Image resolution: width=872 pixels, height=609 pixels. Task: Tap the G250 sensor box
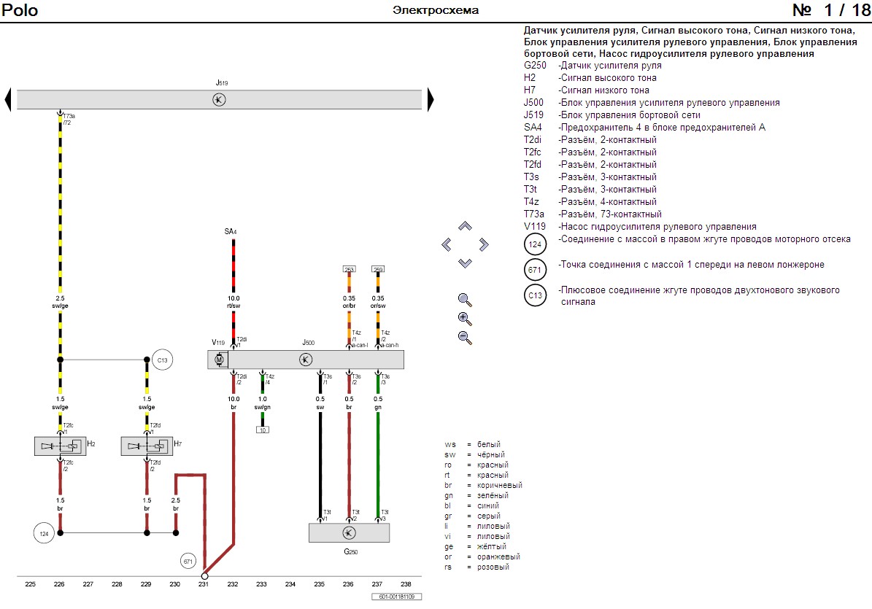pyautogui.click(x=349, y=532)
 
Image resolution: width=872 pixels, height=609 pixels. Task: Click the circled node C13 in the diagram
pyautogui.click(x=163, y=360)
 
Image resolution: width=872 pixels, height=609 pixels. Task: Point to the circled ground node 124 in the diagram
pyautogui.click(x=44, y=534)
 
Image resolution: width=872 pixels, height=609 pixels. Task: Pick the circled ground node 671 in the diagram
pyautogui.click(x=189, y=561)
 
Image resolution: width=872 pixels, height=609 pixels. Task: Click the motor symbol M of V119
pyautogui.click(x=218, y=360)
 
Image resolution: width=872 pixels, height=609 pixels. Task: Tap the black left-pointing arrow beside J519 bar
pyautogui.click(x=8, y=99)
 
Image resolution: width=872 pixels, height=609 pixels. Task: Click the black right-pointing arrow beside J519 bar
pyautogui.click(x=431, y=99)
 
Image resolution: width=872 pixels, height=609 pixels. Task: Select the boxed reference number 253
pyautogui.click(x=349, y=269)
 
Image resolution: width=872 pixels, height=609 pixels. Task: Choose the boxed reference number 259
pyautogui.click(x=378, y=269)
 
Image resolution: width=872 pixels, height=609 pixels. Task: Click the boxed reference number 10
pyautogui.click(x=263, y=430)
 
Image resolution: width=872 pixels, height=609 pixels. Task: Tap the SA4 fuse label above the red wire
pyautogui.click(x=231, y=231)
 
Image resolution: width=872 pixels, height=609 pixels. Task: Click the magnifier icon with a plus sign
pyautogui.click(x=464, y=318)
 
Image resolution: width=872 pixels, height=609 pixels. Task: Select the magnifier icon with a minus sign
pyautogui.click(x=464, y=337)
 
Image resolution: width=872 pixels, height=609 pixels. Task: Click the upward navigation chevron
pyautogui.click(x=465, y=227)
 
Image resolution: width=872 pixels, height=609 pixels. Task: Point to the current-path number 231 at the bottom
pyautogui.click(x=204, y=584)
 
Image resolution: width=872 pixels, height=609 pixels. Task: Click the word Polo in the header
pyautogui.click(x=20, y=10)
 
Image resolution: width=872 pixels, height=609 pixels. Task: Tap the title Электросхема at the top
pyautogui.click(x=436, y=10)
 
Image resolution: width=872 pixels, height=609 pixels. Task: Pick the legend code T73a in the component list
pyautogui.click(x=534, y=214)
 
